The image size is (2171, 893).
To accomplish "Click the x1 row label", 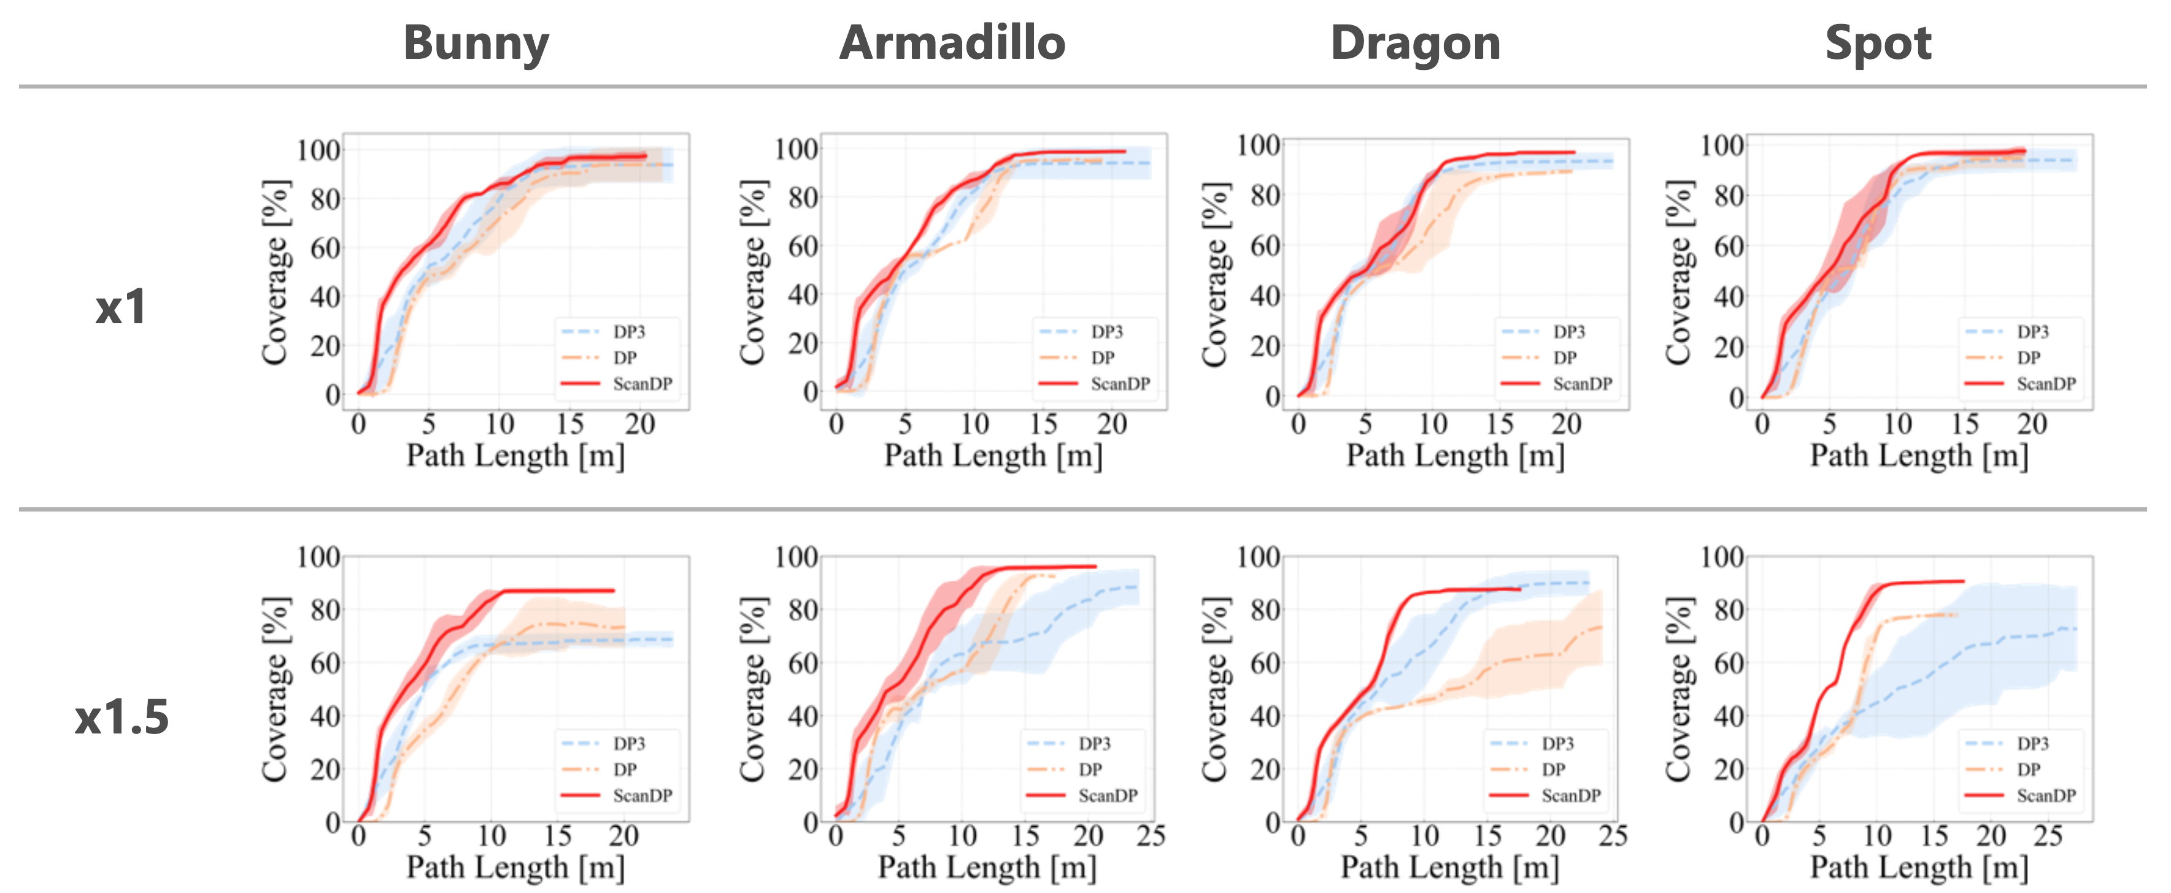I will (x=120, y=307).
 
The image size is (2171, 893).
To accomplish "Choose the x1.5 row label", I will (x=121, y=717).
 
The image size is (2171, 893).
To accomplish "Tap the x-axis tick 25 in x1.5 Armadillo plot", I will (x=1151, y=837).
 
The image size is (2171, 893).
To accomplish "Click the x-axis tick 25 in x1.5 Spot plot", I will (x=2048, y=837).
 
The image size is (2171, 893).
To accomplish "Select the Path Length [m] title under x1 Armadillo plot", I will (x=993, y=456).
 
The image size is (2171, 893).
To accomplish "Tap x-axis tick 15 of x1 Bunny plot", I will (x=569, y=424).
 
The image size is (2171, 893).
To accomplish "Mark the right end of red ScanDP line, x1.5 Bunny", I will (x=614, y=591).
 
